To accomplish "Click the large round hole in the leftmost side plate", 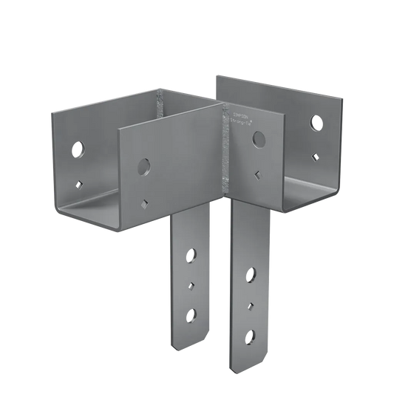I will click(x=77, y=150).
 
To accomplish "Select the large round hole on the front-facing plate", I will click(x=143, y=163).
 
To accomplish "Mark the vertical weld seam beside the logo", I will click(x=226, y=148).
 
